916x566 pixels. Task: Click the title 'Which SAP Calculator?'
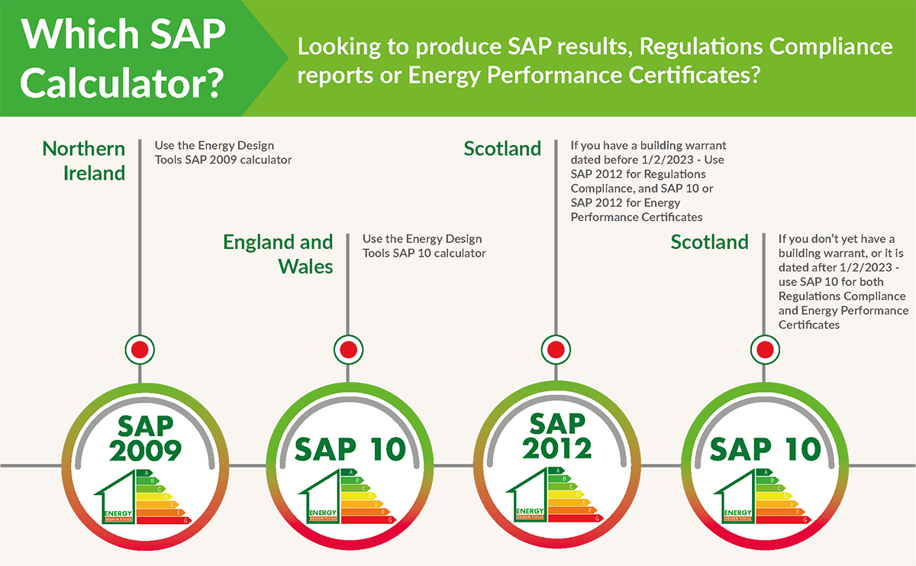pyautogui.click(x=123, y=58)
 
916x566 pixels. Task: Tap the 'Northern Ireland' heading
pyautogui.click(x=84, y=160)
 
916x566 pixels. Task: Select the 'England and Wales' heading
pyautogui.click(x=278, y=254)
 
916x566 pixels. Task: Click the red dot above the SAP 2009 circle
pyautogui.click(x=140, y=350)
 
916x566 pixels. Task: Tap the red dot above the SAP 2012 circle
pyautogui.click(x=555, y=350)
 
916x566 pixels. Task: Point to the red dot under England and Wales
pyautogui.click(x=347, y=350)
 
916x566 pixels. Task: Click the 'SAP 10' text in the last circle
pyautogui.click(x=765, y=448)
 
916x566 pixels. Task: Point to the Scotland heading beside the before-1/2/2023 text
pyautogui.click(x=502, y=148)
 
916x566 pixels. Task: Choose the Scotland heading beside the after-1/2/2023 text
pyautogui.click(x=710, y=242)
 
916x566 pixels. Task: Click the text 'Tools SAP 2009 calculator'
pyautogui.click(x=223, y=160)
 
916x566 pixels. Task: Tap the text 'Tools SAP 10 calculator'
pyautogui.click(x=424, y=253)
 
